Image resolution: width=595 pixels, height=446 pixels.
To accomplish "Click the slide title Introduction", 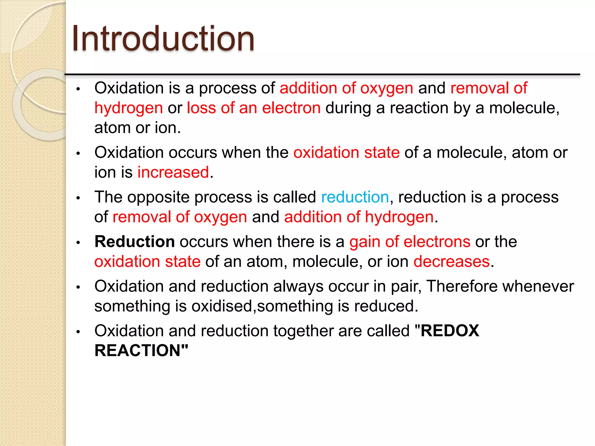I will (163, 39).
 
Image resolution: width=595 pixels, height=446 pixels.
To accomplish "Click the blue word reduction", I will (355, 197).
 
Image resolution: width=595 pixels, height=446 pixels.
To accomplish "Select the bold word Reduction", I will (135, 242).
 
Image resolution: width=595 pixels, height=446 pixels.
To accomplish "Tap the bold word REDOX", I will (450, 331).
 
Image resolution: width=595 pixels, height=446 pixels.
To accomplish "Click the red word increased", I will (173, 172).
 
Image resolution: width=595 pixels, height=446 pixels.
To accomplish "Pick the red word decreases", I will (451, 262).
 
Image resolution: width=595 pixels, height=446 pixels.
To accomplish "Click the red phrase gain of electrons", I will (410, 242).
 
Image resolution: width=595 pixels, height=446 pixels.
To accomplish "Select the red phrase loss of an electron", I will (254, 108).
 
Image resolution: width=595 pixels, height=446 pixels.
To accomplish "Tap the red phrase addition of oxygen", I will (346, 88).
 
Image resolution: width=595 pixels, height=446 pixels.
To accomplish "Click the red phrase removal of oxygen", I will (180, 217).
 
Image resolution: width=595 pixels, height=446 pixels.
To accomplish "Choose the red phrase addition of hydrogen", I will (359, 217).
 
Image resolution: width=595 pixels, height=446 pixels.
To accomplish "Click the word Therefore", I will (462, 286).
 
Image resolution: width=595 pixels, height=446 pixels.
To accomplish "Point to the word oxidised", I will (222, 306).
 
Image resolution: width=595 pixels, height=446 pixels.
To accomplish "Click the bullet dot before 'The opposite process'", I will (78, 198).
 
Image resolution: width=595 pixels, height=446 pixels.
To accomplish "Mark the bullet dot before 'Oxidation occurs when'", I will (78, 153).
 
